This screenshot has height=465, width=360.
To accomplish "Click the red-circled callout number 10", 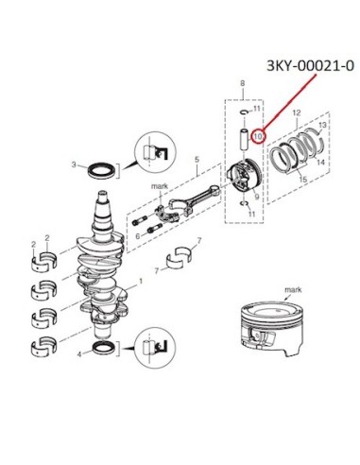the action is (258, 137).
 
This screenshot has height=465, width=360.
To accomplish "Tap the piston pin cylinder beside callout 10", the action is (245, 139).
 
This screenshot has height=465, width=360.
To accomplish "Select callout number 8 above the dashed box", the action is (242, 84).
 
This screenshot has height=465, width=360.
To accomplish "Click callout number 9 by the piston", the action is (257, 197).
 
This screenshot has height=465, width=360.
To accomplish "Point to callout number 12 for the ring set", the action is (297, 112).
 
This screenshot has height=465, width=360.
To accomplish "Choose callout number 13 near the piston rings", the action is (322, 126).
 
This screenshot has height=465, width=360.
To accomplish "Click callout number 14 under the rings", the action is (320, 163).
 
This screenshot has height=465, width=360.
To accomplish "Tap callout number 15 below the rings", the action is (302, 180).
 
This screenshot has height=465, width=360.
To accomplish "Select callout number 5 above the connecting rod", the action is (197, 160).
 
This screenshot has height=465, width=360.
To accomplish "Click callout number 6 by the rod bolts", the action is (138, 236).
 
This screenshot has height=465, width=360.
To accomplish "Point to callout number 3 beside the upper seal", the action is (74, 164).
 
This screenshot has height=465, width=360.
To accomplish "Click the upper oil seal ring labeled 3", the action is (101, 170).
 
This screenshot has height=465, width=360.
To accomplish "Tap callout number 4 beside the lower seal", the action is (79, 354).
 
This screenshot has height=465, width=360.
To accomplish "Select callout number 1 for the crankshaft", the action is (141, 281).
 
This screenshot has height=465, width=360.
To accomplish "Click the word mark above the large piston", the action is (293, 289).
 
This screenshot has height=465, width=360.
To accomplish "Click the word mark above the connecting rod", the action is (160, 186).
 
